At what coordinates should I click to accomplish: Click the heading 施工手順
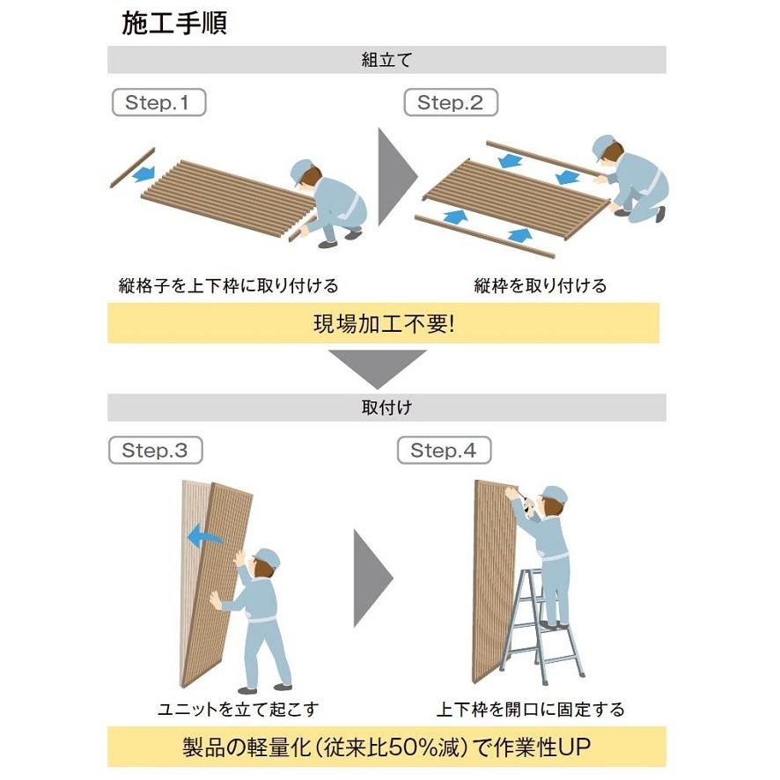(x=174, y=24)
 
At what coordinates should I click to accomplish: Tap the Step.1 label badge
(x=158, y=102)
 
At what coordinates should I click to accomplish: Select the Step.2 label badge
(x=451, y=102)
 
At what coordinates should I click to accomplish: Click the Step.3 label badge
(x=155, y=451)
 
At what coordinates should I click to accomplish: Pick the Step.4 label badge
(x=444, y=451)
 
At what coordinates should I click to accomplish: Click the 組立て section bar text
(x=386, y=61)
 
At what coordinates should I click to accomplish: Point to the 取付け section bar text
(x=386, y=408)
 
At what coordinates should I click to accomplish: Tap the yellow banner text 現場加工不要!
(x=384, y=323)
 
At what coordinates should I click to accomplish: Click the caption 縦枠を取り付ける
(x=541, y=285)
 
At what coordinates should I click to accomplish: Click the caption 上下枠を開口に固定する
(x=531, y=709)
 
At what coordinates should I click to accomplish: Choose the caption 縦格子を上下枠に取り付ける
(x=229, y=285)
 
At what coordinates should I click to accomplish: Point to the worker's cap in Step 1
(x=301, y=167)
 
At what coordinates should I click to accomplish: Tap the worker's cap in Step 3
(x=266, y=557)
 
